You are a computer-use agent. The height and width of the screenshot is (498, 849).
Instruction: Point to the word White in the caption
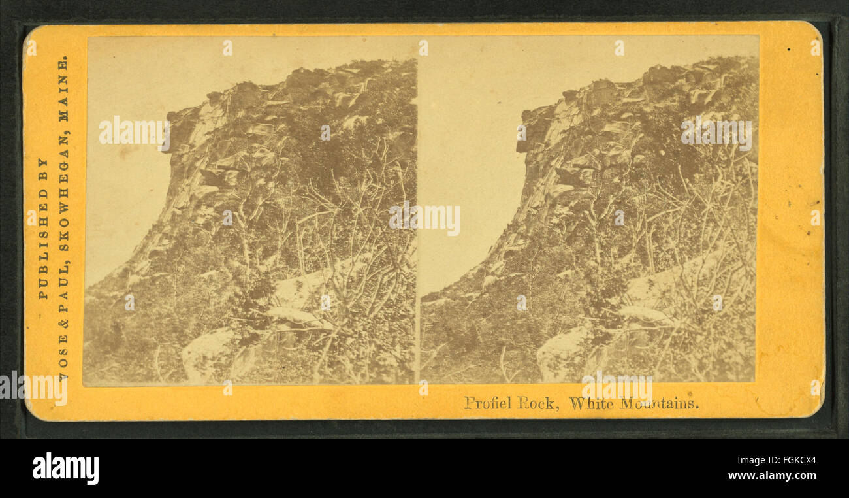point(592,403)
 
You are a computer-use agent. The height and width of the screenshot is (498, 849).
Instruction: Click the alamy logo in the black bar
point(65,469)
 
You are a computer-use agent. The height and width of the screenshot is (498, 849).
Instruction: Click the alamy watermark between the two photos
point(424,219)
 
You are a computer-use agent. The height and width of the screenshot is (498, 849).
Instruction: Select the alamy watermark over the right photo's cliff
point(716,133)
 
